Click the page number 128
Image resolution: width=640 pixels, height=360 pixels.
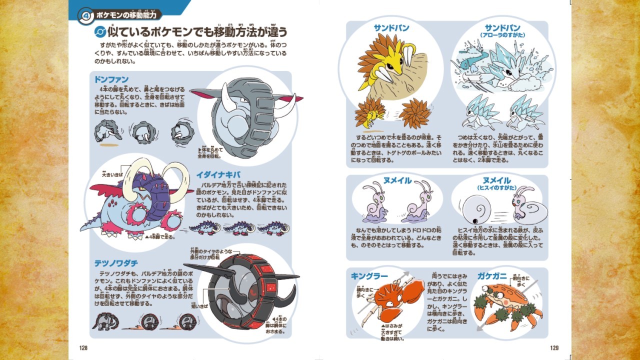click(x=83, y=348)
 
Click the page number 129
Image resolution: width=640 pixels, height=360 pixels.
click(x=554, y=348)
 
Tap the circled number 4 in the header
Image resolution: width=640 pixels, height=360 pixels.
click(x=85, y=15)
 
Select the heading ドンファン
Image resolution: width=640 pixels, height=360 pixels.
click(x=111, y=79)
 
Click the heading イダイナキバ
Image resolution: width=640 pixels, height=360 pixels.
click(x=218, y=174)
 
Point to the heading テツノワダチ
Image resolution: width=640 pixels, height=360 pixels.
click(x=116, y=263)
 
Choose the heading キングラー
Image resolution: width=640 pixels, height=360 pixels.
click(x=369, y=276)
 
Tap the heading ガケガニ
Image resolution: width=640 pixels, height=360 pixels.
click(x=492, y=276)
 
